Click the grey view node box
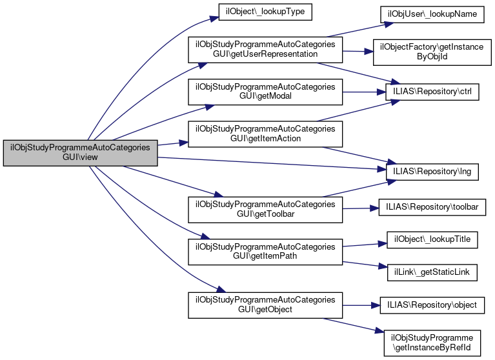[81, 153]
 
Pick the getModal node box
[264, 92]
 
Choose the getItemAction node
[264, 133]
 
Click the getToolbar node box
[264, 208]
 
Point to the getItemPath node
[264, 251]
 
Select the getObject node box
[264, 305]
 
